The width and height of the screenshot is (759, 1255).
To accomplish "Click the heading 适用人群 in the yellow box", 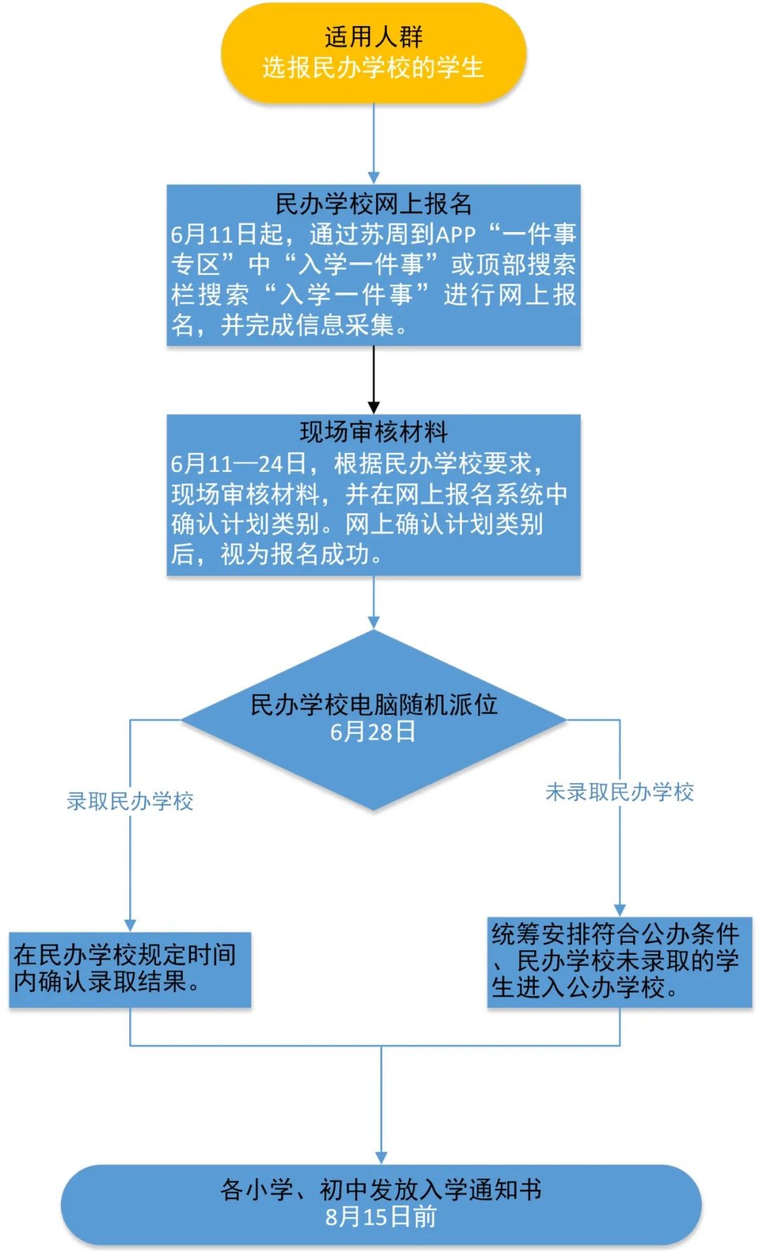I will pyautogui.click(x=373, y=37).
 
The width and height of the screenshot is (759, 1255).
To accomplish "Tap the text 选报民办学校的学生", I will pyautogui.click(x=373, y=68).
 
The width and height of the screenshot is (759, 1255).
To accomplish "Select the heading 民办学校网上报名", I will pyautogui.click(x=373, y=204).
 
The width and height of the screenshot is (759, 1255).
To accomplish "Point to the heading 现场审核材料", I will pyautogui.click(x=373, y=432).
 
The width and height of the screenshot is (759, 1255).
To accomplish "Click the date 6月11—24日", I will pyautogui.click(x=238, y=463).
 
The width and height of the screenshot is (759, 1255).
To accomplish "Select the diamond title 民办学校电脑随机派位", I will pyautogui.click(x=373, y=704).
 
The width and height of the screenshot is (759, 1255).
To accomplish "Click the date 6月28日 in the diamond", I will pyautogui.click(x=373, y=732).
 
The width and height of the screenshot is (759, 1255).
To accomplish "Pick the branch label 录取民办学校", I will pyautogui.click(x=130, y=801).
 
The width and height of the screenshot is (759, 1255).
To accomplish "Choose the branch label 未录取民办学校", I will pyautogui.click(x=619, y=792).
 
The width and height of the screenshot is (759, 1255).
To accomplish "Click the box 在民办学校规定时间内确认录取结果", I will pyautogui.click(x=129, y=969).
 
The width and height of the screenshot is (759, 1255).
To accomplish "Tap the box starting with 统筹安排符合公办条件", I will pyautogui.click(x=619, y=961).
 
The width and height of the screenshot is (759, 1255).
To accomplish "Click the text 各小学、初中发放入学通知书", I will pyautogui.click(x=381, y=1190).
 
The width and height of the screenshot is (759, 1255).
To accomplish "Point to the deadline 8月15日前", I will pyautogui.click(x=381, y=1216).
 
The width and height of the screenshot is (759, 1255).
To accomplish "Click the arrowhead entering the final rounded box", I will pyautogui.click(x=381, y=1157).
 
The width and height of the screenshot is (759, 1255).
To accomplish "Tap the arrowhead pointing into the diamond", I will pyautogui.click(x=374, y=622).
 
